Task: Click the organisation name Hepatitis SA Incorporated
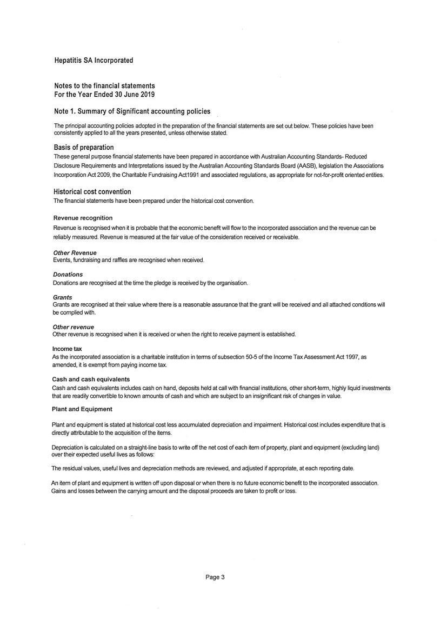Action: [94, 61]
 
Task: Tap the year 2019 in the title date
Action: [147, 95]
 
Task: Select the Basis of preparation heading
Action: [84, 148]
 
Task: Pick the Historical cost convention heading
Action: [92, 192]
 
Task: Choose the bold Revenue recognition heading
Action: [83, 218]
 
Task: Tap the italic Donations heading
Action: [68, 275]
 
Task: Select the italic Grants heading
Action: [63, 297]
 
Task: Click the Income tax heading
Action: [67, 349]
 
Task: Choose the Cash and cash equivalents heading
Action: [91, 380]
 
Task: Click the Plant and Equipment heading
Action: [82, 409]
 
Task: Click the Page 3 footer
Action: [215, 577]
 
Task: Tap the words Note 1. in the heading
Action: [66, 111]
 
